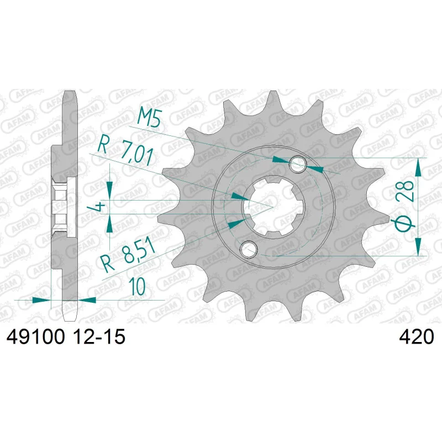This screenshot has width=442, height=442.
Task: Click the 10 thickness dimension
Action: tap(137, 286)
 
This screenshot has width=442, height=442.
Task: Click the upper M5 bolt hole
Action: tap(298, 164)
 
